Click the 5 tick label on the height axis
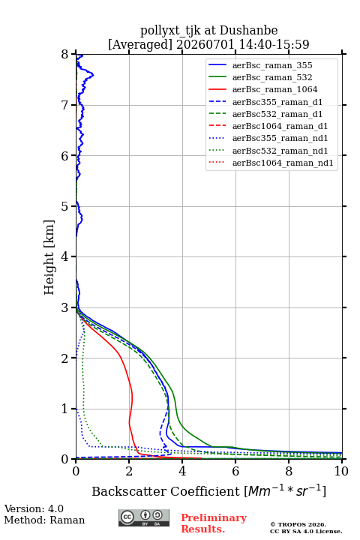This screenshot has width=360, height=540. (x=65, y=206)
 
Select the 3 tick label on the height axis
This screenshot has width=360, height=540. (x=65, y=307)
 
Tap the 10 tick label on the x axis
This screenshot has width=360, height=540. (x=341, y=471)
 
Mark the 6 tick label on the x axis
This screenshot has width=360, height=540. (x=235, y=471)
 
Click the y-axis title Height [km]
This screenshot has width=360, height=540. (x=49, y=257)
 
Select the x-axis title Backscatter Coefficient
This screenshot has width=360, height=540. (x=165, y=491)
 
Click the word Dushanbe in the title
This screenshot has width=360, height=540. (x=248, y=31)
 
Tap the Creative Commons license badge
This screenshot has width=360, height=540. (x=144, y=517)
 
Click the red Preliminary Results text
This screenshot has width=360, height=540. (x=214, y=523)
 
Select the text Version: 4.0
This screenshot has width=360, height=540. (x=34, y=508)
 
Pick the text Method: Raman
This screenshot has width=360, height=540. (x=44, y=520)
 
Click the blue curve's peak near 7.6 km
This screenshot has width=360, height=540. (x=93, y=75)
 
